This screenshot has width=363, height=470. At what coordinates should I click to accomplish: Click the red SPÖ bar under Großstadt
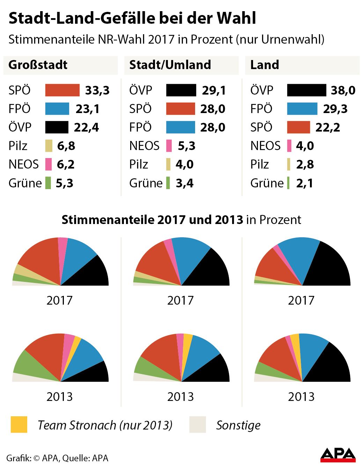(62, 90)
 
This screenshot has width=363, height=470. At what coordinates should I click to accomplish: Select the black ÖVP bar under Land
(306, 90)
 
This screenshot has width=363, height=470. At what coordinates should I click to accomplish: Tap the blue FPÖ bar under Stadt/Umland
(180, 127)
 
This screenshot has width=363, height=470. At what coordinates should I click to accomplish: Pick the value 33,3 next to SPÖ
(97, 90)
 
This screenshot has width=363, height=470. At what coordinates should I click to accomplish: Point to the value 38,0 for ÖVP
(343, 90)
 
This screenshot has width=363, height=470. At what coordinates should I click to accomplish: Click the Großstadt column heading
(38, 65)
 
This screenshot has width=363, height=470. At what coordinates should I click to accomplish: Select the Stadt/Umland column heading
(170, 65)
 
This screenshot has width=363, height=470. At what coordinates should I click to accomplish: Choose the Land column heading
(265, 65)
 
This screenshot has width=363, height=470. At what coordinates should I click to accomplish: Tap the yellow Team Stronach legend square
(19, 425)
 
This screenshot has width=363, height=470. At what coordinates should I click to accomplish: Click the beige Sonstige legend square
(198, 425)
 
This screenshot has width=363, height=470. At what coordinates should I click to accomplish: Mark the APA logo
(338, 455)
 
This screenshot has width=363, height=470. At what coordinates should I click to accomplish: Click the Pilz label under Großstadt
(18, 146)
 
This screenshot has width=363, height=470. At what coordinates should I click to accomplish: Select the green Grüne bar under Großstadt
(48, 183)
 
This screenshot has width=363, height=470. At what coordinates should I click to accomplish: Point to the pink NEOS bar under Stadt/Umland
(169, 146)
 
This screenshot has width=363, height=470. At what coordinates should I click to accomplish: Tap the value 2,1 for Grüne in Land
(305, 183)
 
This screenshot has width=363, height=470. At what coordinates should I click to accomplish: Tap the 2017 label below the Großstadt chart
(59, 300)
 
